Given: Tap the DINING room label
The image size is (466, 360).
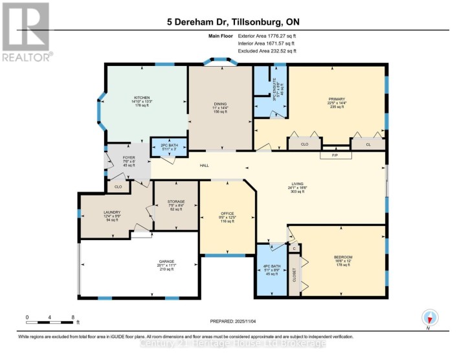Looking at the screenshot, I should pos(220,103).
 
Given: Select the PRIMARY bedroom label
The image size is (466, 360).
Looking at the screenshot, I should pos(337,98).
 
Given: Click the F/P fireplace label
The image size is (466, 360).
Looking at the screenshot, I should pos(335,155).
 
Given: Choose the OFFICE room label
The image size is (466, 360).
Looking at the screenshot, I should pos(227,212).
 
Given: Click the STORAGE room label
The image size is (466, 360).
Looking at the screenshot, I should pos(176,201).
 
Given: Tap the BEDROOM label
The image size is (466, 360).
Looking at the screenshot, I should pos(342,256).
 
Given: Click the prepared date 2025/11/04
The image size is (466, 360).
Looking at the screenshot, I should pos(233,321).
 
